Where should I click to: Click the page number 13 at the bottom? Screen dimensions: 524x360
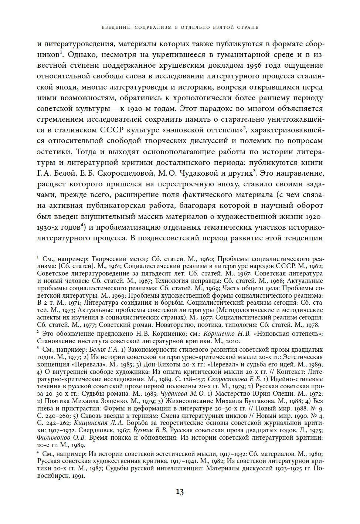point(180,492)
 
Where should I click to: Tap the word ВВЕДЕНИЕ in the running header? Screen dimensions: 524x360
point(116,27)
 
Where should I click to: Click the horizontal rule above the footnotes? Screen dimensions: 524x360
point(64,252)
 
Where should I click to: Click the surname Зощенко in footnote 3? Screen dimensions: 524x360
point(113,401)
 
